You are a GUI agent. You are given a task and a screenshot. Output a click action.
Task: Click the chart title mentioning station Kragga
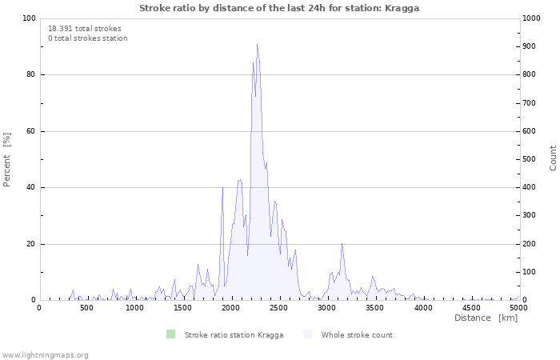point(279,8)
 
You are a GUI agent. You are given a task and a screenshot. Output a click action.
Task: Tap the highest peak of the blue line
point(257,44)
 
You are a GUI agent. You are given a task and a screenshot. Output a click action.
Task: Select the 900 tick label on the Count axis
point(530,46)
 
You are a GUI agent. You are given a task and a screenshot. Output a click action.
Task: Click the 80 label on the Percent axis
point(31,74)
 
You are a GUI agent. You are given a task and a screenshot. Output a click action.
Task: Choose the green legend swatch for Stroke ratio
point(170,334)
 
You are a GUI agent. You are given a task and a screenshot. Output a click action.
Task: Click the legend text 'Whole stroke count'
point(357,335)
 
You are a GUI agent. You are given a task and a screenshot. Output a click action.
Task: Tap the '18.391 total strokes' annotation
point(85,29)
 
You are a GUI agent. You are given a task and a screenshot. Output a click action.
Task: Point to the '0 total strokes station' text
point(88,38)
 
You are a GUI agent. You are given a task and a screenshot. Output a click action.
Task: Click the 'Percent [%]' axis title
point(6,160)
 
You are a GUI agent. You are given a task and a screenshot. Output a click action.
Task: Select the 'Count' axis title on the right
point(553,158)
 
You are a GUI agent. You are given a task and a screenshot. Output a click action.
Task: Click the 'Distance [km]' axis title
point(486,318)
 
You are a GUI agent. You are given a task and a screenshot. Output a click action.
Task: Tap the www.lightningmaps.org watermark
point(45,355)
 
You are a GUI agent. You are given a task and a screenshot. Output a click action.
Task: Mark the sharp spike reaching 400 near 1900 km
point(223,187)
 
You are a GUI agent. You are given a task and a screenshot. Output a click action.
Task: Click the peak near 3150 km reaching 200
point(342,243)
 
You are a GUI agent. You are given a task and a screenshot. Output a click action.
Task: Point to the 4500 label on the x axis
point(471,307)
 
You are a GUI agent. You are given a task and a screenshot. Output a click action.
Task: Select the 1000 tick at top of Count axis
point(531,18)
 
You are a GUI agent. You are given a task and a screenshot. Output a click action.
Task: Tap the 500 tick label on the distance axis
point(86,307)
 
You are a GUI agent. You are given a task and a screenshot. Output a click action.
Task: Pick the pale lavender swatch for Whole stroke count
point(307,334)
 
